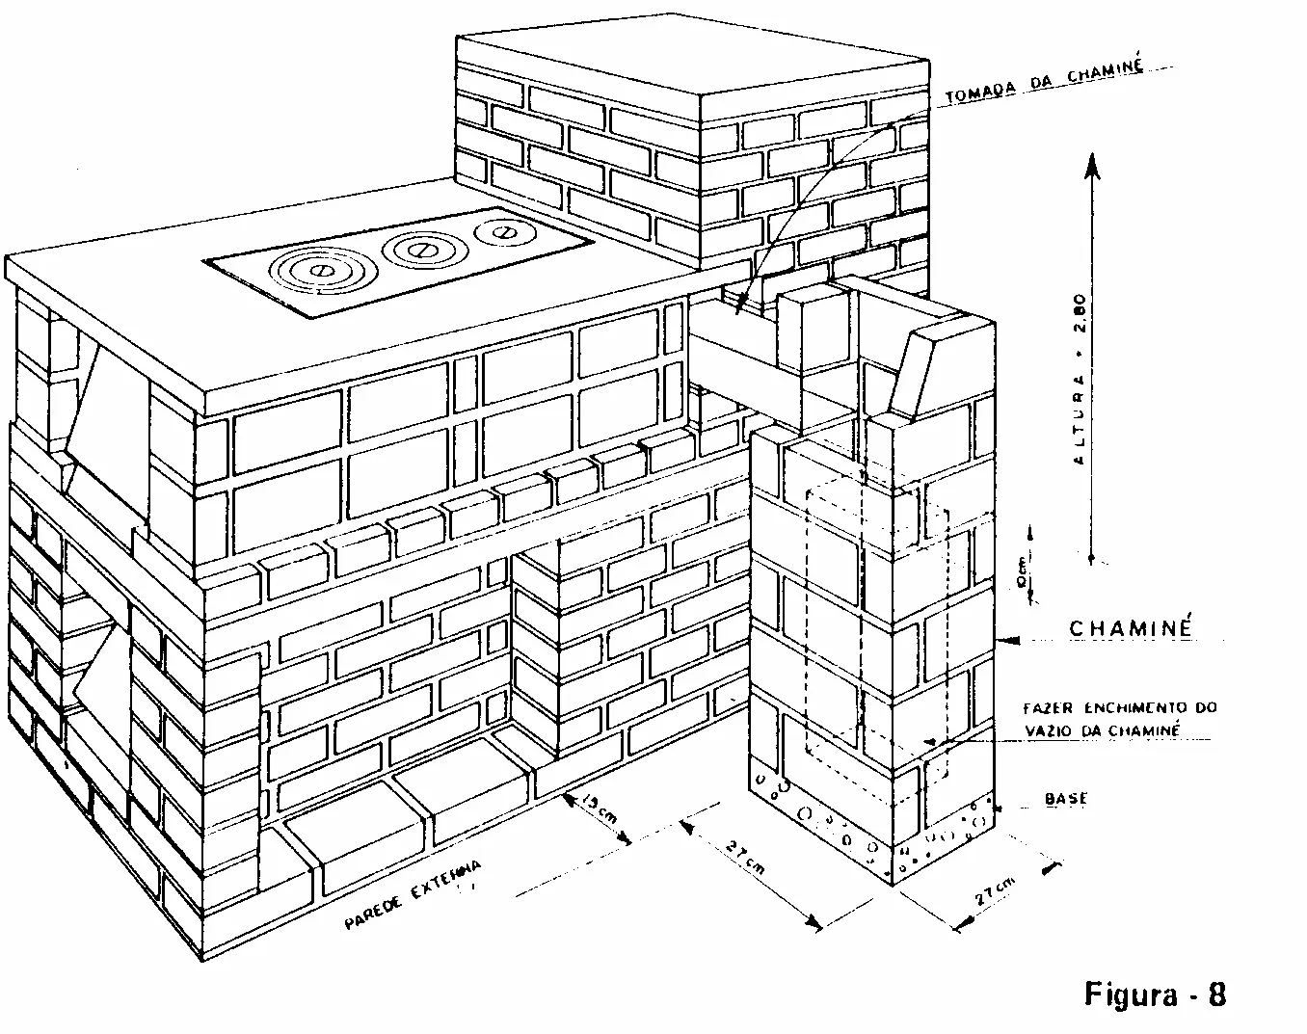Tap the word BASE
1065,799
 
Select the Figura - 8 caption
1155,993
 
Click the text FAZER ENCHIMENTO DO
1119,708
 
